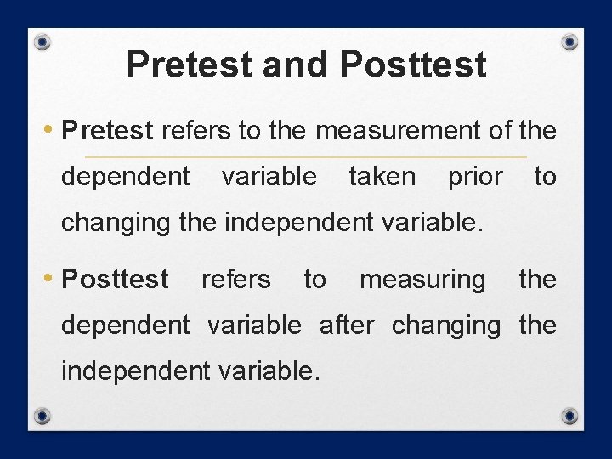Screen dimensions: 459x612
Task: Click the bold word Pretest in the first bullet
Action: click(x=108, y=131)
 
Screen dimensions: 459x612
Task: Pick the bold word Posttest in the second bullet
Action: click(x=116, y=279)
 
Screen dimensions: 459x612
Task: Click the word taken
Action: click(x=382, y=177)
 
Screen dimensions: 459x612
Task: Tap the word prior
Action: click(x=475, y=177)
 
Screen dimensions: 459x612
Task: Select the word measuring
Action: click(x=422, y=279)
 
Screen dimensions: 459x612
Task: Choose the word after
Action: click(x=346, y=325)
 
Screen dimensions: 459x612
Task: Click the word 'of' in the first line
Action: click(x=500, y=131)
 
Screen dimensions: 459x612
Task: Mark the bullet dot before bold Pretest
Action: click(x=53, y=130)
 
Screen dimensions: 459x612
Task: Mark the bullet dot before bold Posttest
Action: click(x=53, y=278)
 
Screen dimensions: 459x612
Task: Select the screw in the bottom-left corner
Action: click(x=42, y=416)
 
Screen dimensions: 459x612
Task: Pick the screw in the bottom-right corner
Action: click(x=570, y=416)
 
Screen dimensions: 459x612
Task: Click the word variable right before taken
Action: click(x=269, y=177)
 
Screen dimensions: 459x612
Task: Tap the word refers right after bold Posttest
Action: click(x=236, y=279)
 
